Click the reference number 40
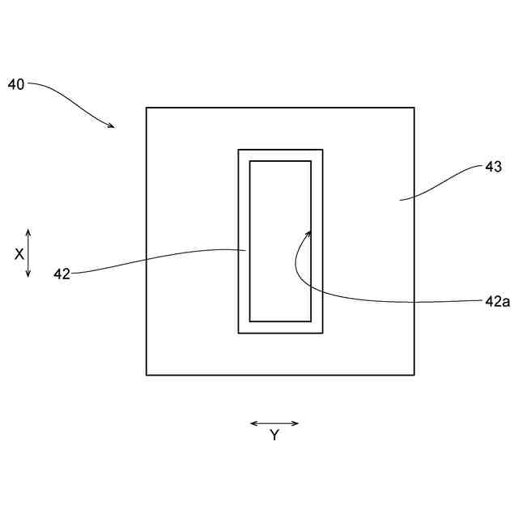tap(16, 84)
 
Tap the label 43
tap(494, 168)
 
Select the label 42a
tap(497, 301)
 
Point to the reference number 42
tap(62, 274)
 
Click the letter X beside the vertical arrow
tap(19, 253)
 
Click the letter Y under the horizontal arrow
tap(274, 435)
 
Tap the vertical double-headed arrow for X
tap(28, 253)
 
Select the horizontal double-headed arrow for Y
tap(274, 423)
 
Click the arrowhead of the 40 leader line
tap(113, 126)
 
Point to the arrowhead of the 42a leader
tap(310, 231)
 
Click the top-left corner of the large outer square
tap(146, 108)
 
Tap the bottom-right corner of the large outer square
tap(414, 375)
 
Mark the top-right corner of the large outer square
tap(414, 108)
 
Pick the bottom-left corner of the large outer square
tap(146, 375)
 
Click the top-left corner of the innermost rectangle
tap(249, 161)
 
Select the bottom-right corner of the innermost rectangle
tap(311, 321)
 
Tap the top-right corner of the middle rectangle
tap(322, 150)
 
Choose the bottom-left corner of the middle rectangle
tap(238, 333)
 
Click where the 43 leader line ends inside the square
tap(399, 199)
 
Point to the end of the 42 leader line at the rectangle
tap(246, 250)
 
